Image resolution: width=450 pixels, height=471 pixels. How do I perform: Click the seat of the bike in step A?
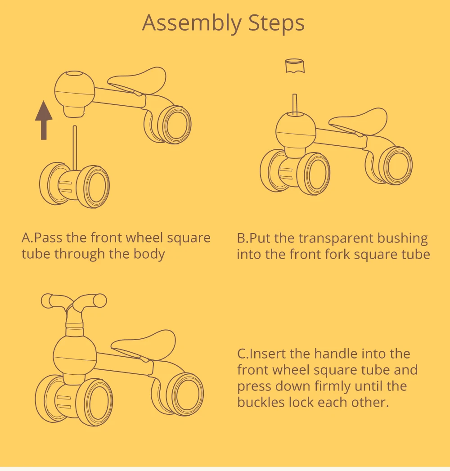(137, 80)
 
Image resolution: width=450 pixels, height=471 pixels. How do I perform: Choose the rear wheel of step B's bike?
(395, 164)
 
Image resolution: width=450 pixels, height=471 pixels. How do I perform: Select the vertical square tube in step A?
(75, 144)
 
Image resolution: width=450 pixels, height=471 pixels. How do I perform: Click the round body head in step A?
(75, 89)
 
